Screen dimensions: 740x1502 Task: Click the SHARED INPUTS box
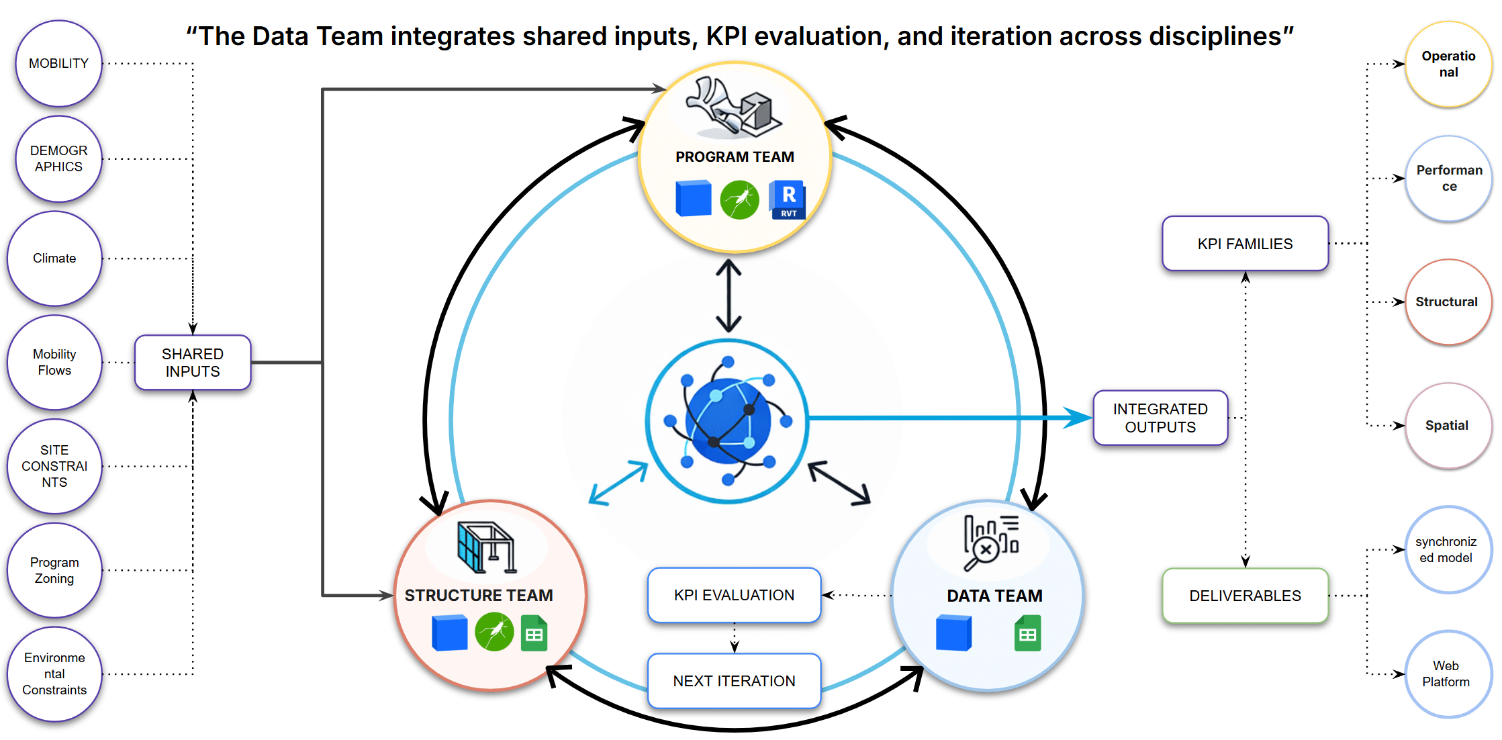click(x=193, y=363)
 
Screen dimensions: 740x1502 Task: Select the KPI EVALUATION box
click(x=734, y=595)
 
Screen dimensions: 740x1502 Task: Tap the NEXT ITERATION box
click(x=734, y=681)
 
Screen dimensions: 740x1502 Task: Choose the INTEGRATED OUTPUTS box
click(x=1160, y=418)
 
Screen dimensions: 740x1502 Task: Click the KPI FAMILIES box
click(x=1245, y=244)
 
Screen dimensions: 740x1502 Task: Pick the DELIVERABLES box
click(x=1245, y=596)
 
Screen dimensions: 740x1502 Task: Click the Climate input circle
click(x=54, y=259)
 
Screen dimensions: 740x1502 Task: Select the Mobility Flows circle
click(x=54, y=363)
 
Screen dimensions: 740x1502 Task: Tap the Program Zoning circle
click(x=54, y=570)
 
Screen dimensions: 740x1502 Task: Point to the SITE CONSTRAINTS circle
click(x=54, y=466)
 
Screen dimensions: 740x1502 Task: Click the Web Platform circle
click(x=1446, y=674)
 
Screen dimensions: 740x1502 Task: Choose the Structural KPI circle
click(x=1447, y=302)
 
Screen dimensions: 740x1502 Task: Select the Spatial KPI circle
click(x=1447, y=426)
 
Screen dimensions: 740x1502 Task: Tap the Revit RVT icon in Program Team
click(x=788, y=199)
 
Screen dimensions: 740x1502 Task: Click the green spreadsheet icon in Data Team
click(x=1027, y=633)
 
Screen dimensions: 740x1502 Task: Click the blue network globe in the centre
click(x=727, y=421)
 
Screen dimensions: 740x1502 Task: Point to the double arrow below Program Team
click(x=729, y=296)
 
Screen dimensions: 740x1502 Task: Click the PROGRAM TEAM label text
click(x=735, y=157)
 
